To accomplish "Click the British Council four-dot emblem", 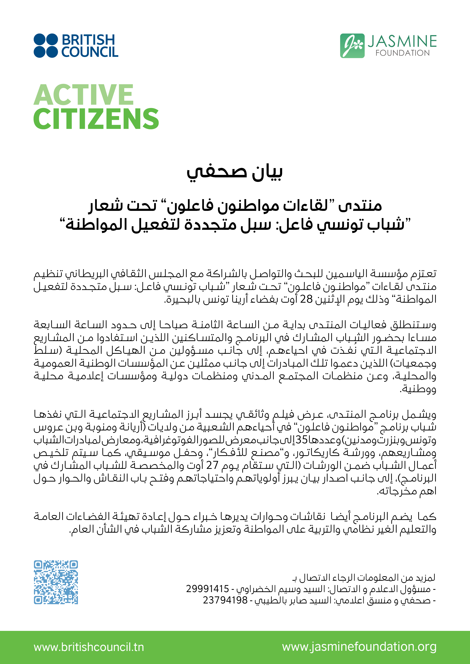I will pos(46,46).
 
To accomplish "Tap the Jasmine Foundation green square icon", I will pos(352,46).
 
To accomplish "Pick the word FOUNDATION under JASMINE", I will pos(403,53).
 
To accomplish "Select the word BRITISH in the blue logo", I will pos(88,40).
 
